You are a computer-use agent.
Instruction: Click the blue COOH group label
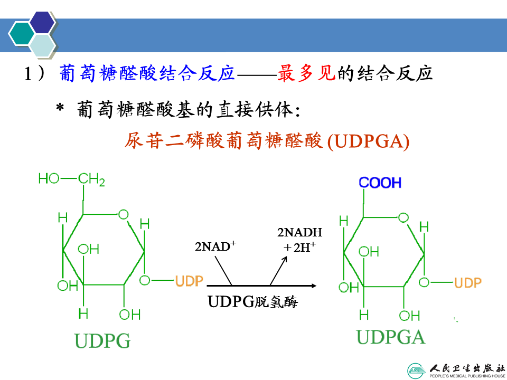click(380, 183)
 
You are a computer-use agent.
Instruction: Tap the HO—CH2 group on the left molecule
click(71, 179)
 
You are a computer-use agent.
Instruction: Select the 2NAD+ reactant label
click(215, 246)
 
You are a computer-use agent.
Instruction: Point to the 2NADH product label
click(300, 232)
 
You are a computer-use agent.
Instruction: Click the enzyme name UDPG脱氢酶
click(252, 302)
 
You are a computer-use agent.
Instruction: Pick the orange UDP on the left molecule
click(189, 281)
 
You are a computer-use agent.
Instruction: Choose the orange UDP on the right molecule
click(467, 283)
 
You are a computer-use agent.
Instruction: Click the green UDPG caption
click(102, 340)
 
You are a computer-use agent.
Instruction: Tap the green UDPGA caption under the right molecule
click(391, 337)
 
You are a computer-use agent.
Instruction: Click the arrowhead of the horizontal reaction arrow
click(314, 286)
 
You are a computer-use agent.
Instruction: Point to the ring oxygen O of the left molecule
click(123, 214)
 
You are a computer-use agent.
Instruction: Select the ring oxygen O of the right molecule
click(403, 217)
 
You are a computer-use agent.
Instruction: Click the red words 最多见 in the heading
click(306, 73)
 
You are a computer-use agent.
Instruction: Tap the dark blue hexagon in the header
click(42, 22)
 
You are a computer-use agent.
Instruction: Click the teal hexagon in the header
click(21, 34)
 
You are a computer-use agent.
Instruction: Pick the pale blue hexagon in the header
click(42, 45)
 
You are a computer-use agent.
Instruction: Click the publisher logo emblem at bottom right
click(417, 371)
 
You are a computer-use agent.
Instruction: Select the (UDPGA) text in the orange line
click(368, 141)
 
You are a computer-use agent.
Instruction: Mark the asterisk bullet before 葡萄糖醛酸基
click(60, 107)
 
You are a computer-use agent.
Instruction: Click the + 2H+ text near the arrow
click(299, 247)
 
